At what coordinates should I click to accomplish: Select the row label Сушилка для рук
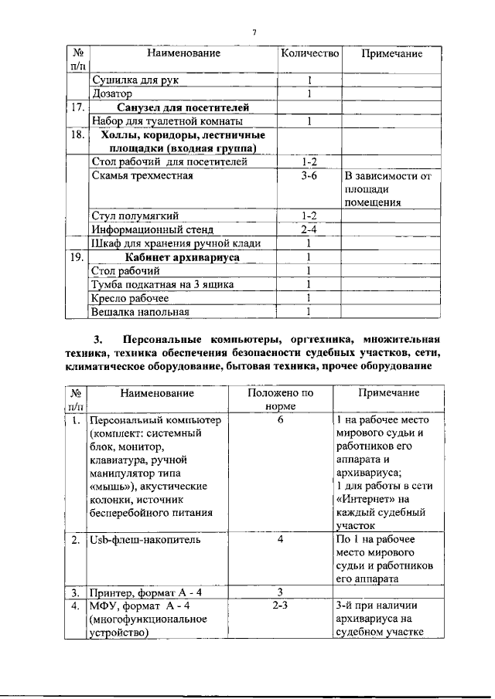[x=138, y=80]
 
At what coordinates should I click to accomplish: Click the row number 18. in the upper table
[x=76, y=134]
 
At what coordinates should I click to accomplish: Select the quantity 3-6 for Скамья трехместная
[x=309, y=175]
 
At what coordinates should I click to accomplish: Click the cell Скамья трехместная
[x=142, y=175]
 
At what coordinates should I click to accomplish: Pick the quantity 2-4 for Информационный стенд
[x=309, y=229]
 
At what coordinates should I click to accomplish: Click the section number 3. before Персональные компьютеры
[x=97, y=339]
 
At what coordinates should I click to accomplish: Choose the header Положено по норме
[x=281, y=399]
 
